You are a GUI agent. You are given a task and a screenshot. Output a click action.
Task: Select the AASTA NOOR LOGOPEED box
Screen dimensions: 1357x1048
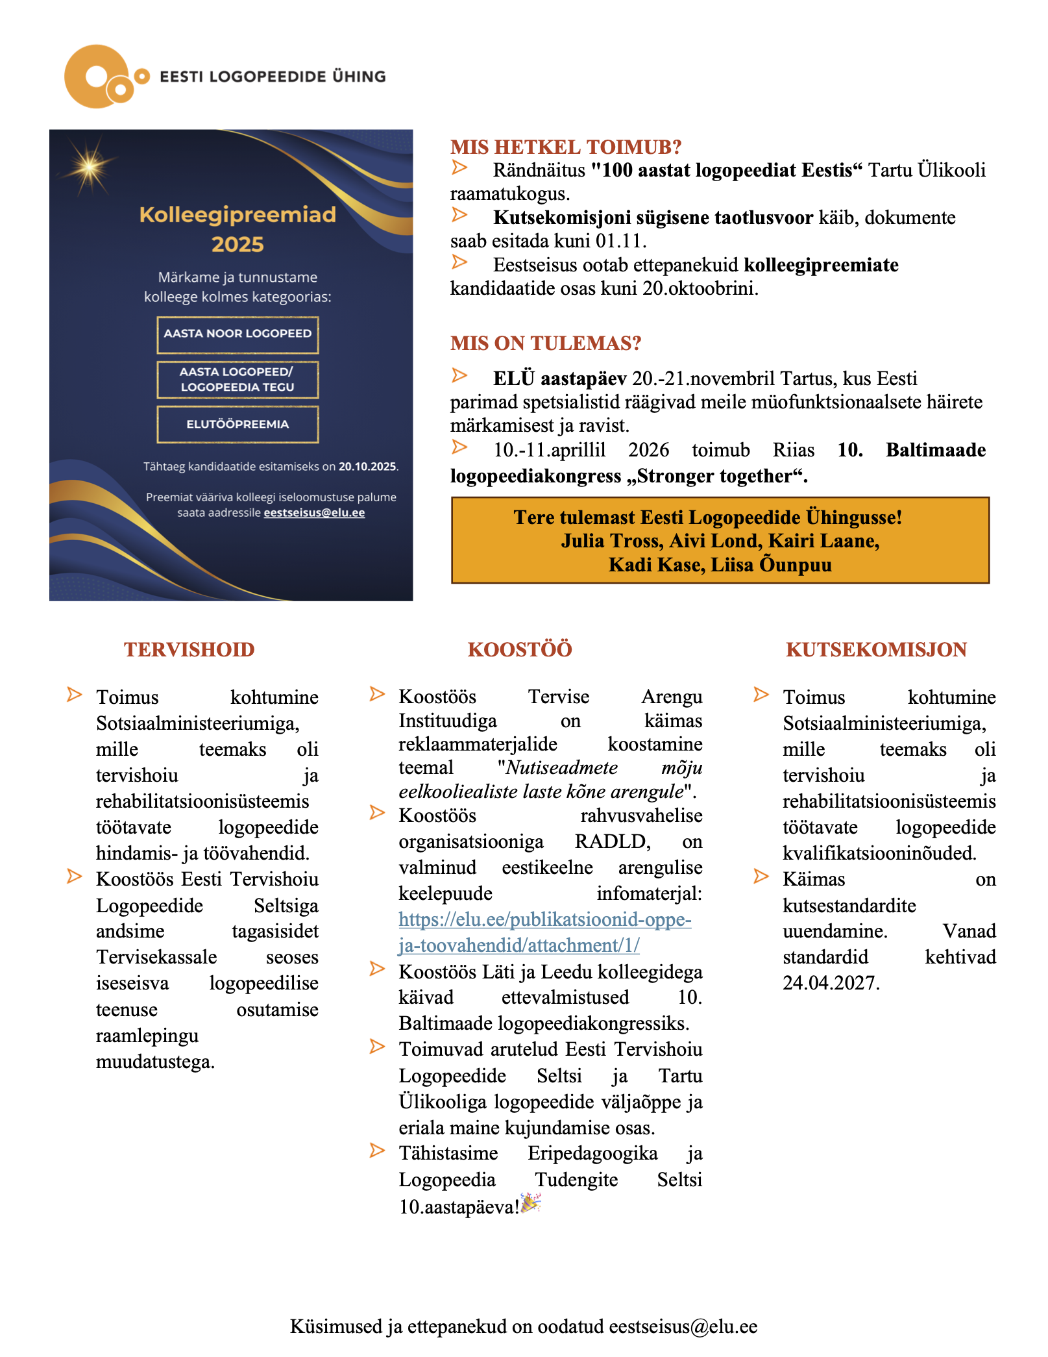click(238, 334)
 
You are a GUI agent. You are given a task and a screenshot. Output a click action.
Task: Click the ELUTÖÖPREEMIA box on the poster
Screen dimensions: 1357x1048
click(238, 424)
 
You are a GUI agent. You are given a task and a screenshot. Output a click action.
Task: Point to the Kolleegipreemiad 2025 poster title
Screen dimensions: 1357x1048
click(238, 229)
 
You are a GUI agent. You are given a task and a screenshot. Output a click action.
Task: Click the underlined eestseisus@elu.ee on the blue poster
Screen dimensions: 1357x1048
click(314, 513)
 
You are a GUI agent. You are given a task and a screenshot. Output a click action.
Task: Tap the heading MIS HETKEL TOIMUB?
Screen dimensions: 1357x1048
click(566, 147)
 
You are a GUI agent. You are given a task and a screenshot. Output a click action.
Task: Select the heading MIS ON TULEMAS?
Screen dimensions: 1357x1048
click(546, 343)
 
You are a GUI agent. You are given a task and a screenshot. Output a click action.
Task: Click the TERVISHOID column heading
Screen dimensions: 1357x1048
click(189, 650)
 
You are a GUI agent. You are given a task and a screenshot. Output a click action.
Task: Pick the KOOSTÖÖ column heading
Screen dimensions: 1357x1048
click(520, 650)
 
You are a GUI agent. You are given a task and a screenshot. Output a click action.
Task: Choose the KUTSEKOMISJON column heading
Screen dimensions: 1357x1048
click(876, 650)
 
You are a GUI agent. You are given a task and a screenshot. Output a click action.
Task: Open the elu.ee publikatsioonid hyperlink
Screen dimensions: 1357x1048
click(544, 932)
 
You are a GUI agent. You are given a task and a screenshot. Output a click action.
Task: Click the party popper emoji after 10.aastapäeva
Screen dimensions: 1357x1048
click(531, 1203)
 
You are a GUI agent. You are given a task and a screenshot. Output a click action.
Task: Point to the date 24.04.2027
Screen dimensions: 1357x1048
click(831, 983)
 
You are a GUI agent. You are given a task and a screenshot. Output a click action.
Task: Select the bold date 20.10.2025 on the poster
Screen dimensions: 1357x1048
click(367, 467)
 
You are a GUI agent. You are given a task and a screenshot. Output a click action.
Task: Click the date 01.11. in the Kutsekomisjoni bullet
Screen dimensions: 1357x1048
click(620, 242)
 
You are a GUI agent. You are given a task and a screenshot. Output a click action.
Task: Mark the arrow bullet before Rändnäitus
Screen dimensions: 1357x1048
click(459, 168)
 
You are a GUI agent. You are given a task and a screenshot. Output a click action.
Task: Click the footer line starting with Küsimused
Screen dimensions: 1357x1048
click(523, 1326)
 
